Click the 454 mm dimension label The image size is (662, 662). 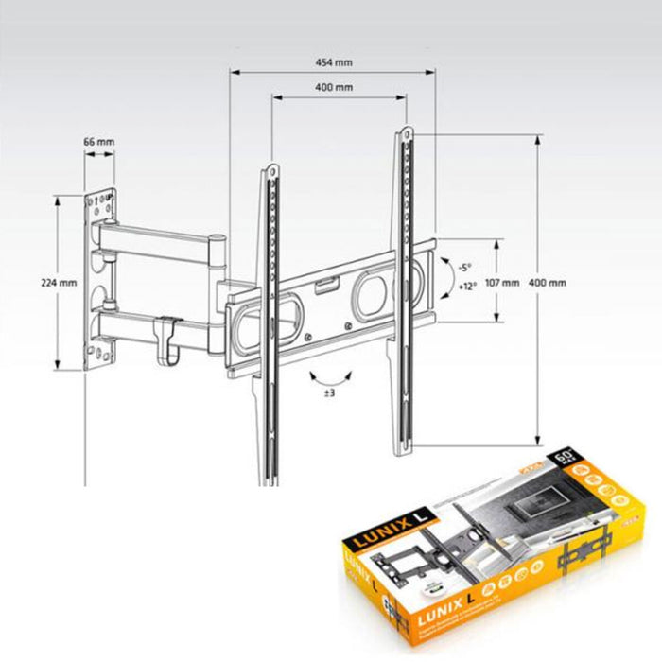[333, 62]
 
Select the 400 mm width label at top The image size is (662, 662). [333, 88]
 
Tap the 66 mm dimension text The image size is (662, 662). [98, 141]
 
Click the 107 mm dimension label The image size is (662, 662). [502, 283]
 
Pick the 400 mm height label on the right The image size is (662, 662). [548, 283]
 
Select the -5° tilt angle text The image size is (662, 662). [465, 267]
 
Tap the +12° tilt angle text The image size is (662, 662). [466, 287]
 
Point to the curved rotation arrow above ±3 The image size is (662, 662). [330, 375]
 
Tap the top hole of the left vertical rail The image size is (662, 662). [271, 171]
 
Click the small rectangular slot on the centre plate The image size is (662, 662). [324, 282]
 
